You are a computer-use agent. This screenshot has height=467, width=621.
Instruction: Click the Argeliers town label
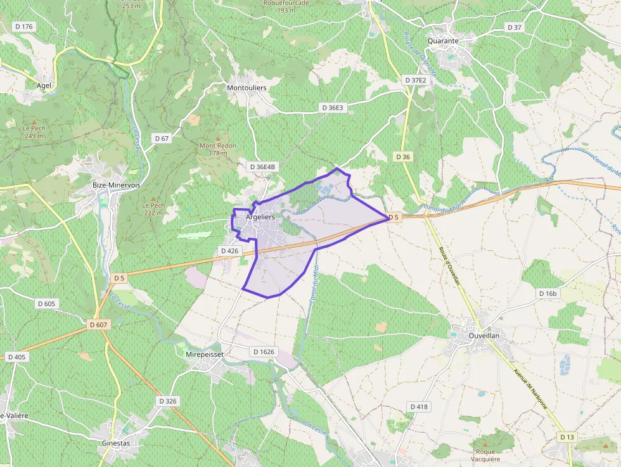point(260,217)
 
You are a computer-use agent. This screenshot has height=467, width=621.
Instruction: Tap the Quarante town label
point(443,41)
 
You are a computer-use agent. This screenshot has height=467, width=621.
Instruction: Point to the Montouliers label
point(246,87)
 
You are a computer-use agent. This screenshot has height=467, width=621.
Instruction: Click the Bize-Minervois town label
point(117,185)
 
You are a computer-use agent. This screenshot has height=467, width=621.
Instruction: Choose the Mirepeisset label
point(204,354)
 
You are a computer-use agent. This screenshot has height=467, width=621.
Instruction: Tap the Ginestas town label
point(116,444)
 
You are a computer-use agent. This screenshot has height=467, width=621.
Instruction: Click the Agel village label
point(44,85)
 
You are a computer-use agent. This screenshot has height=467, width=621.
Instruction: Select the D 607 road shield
point(98,324)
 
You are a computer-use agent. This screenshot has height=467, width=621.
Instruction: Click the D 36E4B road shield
point(263,167)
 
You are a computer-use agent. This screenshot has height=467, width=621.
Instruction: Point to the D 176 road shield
point(24,27)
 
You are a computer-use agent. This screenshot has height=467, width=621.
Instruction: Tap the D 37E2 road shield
point(414,80)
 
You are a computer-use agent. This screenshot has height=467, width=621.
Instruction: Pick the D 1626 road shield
point(264,352)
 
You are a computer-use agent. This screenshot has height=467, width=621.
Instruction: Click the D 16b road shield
point(547,293)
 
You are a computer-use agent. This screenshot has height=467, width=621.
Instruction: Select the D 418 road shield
point(419,406)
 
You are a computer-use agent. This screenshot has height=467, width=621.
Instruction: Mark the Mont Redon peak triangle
point(218,138)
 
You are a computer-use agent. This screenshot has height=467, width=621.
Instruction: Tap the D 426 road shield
point(229,251)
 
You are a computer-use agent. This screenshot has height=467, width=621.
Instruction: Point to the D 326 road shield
point(168,401)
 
